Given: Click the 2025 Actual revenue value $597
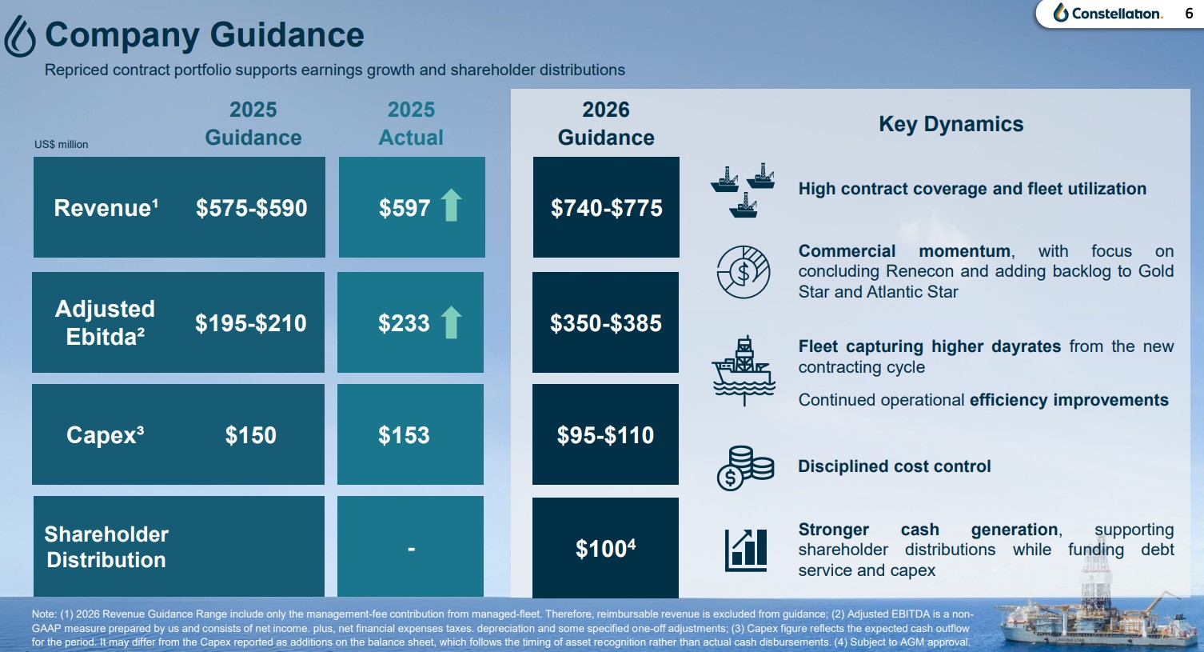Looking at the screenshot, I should coord(405,208).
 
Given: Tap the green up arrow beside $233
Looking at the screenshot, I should coord(452,322).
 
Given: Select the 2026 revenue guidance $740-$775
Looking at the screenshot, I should coord(606,208).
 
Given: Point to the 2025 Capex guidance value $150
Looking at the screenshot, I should coord(251,435).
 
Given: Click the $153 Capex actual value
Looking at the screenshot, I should coord(404,435).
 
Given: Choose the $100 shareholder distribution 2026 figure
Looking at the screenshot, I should coord(605,549).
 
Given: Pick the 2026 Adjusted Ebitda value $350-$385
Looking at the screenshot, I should coord(605,323).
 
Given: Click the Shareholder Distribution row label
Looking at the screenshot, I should coord(106,547).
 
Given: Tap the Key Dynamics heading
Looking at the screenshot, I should coord(951,124).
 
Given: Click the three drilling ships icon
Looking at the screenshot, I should coord(743,190).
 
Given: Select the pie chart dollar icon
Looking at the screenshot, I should coord(743,272).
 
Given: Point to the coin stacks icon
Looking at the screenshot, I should coord(745,468).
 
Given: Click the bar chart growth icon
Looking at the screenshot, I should coord(745,550).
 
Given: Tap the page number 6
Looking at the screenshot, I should coord(1189,14).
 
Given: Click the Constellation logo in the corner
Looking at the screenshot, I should coord(1107,14).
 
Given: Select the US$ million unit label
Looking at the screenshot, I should coord(62,145).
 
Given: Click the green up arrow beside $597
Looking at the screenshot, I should coord(452,205).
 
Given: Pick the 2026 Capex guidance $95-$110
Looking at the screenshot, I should coord(605,435).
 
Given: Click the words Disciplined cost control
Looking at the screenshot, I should coord(894,466).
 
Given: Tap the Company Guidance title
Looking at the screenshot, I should coord(205,35).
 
